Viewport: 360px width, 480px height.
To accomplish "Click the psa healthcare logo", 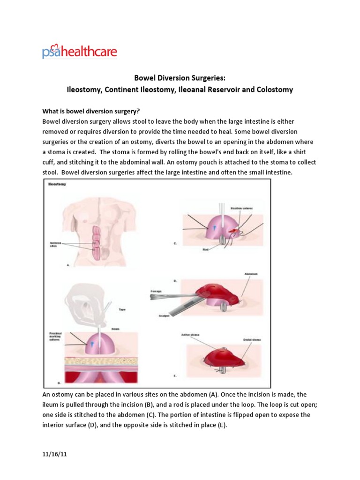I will (79, 51).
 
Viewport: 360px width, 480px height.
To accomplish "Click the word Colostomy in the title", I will (274, 90).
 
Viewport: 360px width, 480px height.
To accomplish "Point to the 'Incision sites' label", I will (56, 244).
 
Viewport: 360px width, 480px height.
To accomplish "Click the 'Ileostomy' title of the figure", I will (57, 185).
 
